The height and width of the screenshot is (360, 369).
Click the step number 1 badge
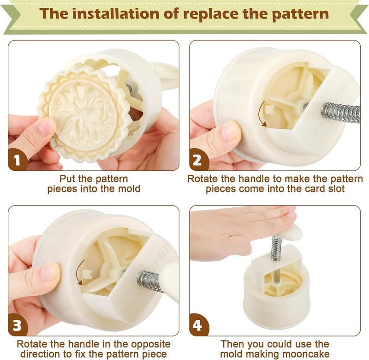[17, 160]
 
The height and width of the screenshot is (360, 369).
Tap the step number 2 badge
[198, 160]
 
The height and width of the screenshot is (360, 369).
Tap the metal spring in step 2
[340, 112]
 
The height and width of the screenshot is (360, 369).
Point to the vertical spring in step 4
[275, 248]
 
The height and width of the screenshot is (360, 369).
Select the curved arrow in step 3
[77, 273]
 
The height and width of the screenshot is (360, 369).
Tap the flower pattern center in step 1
[83, 108]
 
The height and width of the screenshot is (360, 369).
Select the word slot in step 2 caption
[336, 189]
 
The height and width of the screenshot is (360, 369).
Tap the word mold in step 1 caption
[130, 189]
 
